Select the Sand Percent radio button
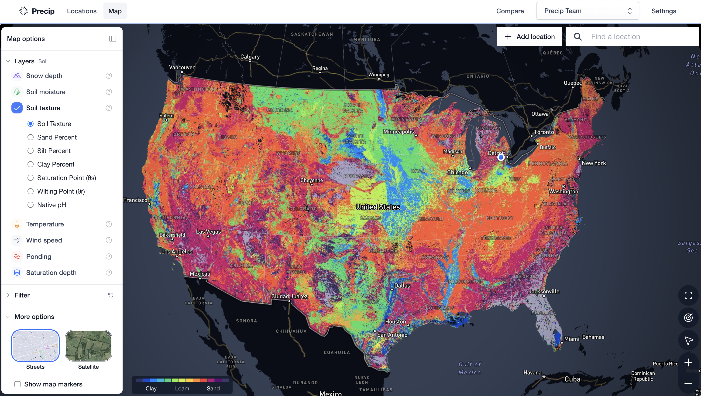pos(31,137)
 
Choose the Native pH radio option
pos(31,205)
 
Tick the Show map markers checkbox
pos(17,384)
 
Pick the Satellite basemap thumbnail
pos(89,345)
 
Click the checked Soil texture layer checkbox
pos(17,108)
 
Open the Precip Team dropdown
pos(587,11)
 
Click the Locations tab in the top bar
pos(82,11)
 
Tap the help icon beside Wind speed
pos(109,240)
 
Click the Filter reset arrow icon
pos(110,295)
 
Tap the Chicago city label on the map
pos(457,172)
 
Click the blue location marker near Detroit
pos(501,157)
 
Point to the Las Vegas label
pos(208,232)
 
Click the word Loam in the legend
pos(182,388)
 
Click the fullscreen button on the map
pos(688,295)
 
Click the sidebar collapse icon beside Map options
pos(113,39)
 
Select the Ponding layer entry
pos(39,256)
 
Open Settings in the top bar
pos(663,11)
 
